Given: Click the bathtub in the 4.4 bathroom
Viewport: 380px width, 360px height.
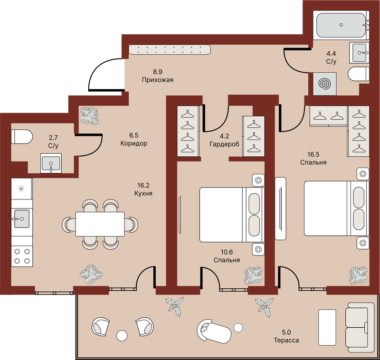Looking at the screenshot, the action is [x=341, y=25].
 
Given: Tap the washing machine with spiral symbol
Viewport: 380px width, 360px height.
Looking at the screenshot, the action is [x=324, y=84].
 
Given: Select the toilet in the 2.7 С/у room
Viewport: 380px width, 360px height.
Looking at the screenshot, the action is [x=21, y=137].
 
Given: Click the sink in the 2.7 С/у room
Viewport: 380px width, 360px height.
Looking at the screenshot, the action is [x=51, y=163].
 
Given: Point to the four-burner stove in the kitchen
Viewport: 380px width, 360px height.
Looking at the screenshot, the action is [x=22, y=256].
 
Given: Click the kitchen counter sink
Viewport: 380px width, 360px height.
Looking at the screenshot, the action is [x=22, y=219].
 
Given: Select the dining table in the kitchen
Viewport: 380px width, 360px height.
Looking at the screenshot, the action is [x=100, y=224].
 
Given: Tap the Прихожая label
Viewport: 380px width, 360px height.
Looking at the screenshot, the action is [x=158, y=80].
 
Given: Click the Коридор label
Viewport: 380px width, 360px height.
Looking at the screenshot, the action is [x=134, y=143].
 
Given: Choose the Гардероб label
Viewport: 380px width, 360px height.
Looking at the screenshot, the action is [x=224, y=144].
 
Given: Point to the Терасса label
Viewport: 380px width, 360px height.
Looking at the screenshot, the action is [x=286, y=340].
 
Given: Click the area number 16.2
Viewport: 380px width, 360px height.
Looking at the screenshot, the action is [x=143, y=185].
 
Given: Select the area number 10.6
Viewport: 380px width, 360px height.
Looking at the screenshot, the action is [x=227, y=252].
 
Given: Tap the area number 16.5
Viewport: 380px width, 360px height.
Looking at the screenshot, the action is [x=313, y=154].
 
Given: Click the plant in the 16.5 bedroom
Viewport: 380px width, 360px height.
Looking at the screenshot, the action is [x=359, y=275].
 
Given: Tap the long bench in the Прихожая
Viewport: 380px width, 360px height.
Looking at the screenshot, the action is [x=170, y=50].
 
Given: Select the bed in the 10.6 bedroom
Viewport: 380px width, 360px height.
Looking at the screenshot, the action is [x=232, y=215].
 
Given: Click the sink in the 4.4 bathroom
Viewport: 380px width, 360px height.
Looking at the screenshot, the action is [x=360, y=53].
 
